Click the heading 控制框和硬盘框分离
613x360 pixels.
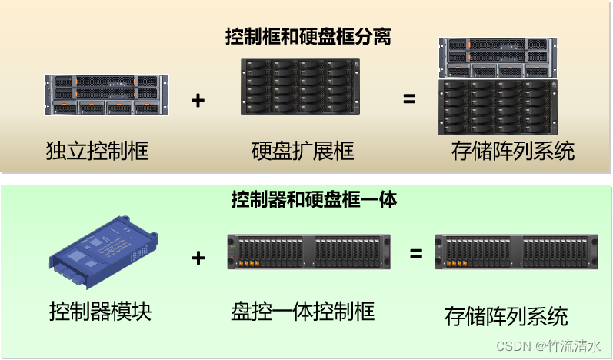click(308, 36)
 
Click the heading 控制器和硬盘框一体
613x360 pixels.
click(314, 200)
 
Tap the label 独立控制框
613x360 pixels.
click(96, 151)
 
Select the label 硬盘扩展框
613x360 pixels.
click(302, 151)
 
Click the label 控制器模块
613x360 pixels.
click(100, 312)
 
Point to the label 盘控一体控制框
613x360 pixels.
click(302, 312)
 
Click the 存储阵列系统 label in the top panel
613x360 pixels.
click(512, 151)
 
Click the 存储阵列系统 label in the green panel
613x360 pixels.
click(506, 315)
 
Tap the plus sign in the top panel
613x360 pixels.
click(198, 100)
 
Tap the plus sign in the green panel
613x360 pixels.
click(198, 258)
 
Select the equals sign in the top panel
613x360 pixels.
click(409, 99)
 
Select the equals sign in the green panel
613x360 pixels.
click(415, 253)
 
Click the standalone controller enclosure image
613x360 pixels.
click(106, 95)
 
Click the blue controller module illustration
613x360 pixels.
click(105, 252)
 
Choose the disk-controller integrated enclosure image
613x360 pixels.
click(308, 252)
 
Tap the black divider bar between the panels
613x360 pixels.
click(306, 179)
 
